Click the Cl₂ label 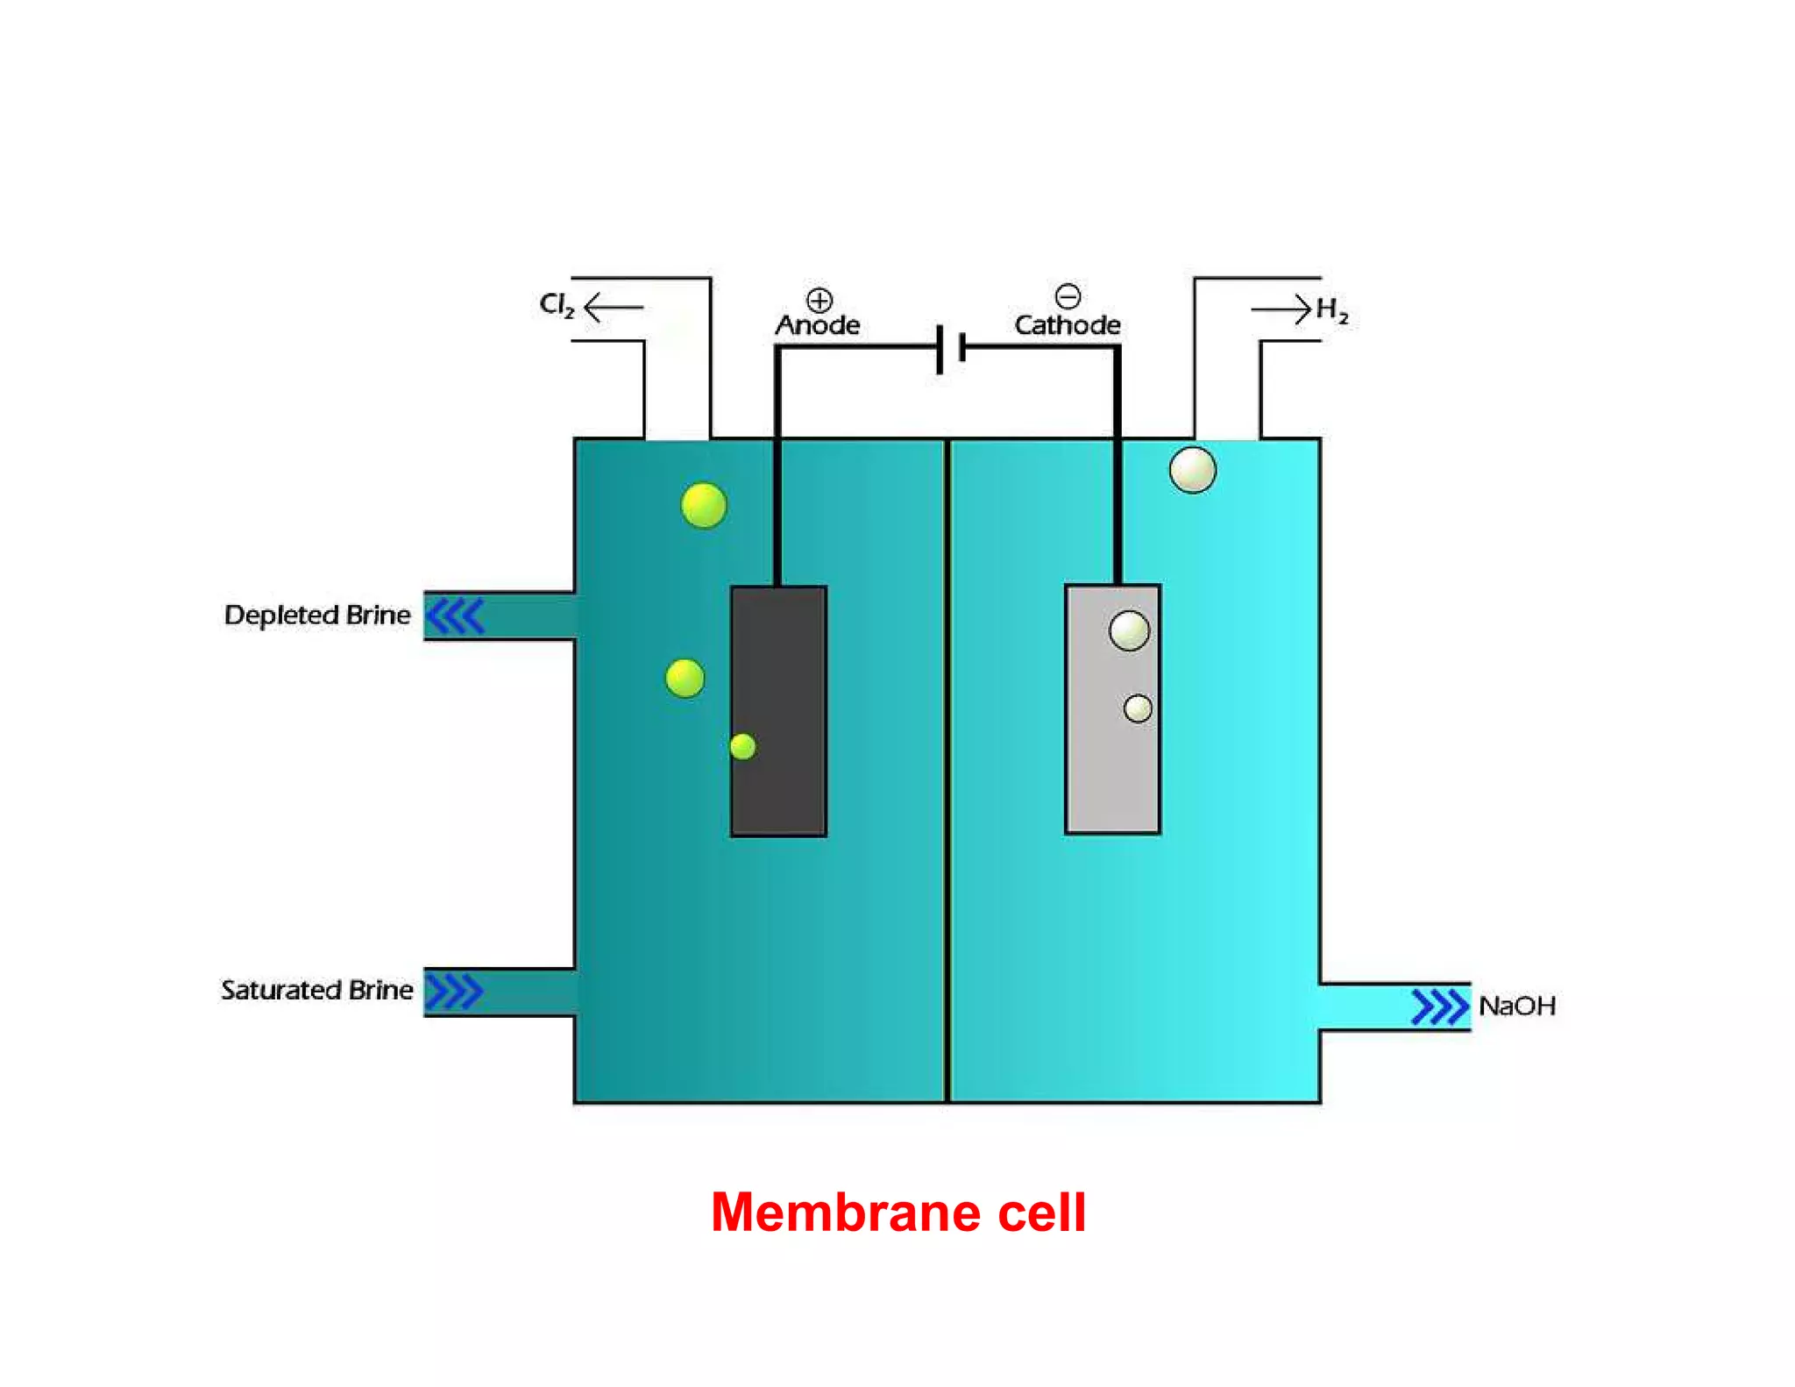point(557,305)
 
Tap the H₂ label point(1332,310)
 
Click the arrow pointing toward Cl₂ point(614,307)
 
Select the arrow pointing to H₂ point(1281,309)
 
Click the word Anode point(818,325)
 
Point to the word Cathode point(1068,325)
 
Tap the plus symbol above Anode point(819,301)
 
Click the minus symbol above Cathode point(1068,295)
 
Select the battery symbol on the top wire point(951,348)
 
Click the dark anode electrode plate point(778,711)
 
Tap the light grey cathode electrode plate point(1113,709)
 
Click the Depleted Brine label point(317,615)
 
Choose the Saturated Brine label point(317,990)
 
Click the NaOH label point(1517,1006)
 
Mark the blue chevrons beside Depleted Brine point(455,615)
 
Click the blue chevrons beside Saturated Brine point(454,992)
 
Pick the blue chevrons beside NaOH point(1441,1006)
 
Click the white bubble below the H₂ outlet point(1193,470)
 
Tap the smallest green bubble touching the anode point(743,747)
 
